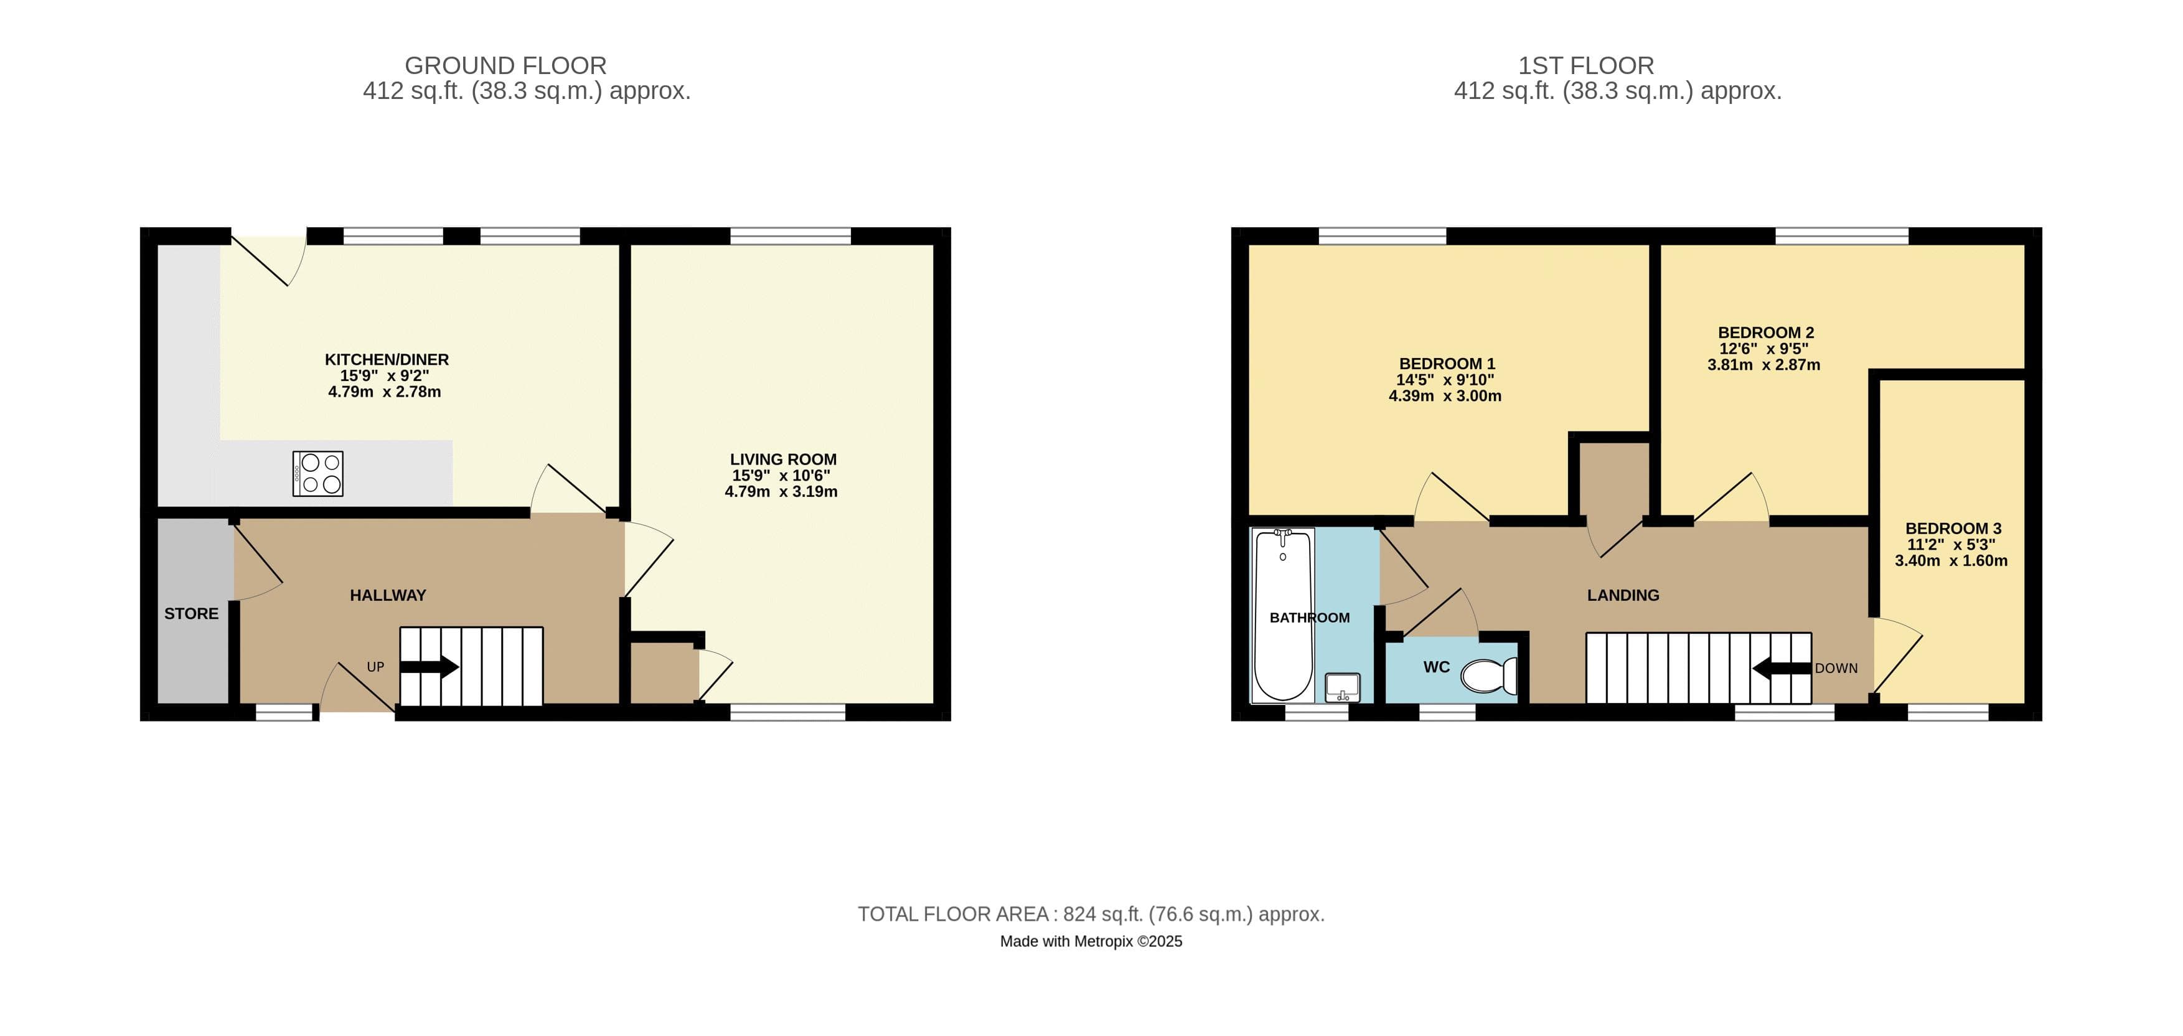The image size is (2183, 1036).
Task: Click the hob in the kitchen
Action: tap(318, 473)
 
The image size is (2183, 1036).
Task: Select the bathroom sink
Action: tap(1341, 686)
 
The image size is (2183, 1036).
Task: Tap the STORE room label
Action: tap(192, 614)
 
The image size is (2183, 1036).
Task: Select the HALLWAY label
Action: tap(388, 595)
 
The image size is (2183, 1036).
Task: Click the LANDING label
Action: tap(1623, 595)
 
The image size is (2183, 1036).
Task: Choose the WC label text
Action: tap(1437, 667)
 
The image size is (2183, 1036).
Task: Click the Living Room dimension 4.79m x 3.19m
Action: tap(781, 492)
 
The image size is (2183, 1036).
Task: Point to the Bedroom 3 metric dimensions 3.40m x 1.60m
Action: tap(1951, 560)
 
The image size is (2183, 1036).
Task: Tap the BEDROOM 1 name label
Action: tap(1447, 364)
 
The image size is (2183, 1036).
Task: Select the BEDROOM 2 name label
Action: tap(1765, 332)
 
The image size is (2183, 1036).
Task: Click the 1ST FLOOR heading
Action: tap(1585, 65)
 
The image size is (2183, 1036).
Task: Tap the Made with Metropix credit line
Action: tap(1091, 941)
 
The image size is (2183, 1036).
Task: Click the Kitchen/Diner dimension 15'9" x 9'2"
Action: tap(385, 375)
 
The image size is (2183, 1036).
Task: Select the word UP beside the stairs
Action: tap(375, 667)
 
